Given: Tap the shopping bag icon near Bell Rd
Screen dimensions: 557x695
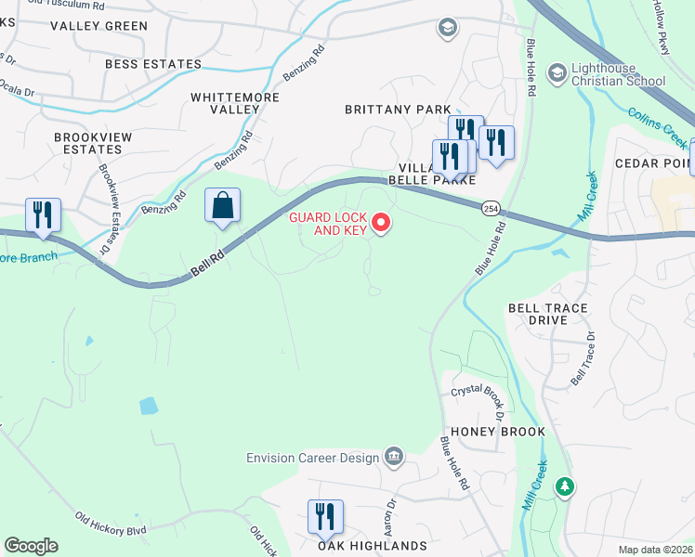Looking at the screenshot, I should [x=222, y=205].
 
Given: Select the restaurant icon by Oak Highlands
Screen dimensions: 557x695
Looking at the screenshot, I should [x=325, y=517].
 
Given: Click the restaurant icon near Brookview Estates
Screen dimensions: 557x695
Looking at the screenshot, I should [x=42, y=215].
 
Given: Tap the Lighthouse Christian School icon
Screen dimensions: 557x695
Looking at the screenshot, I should [x=557, y=72].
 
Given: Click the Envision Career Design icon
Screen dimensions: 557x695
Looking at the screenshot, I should [x=394, y=455].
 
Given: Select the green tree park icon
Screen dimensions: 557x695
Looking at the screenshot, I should [x=563, y=486].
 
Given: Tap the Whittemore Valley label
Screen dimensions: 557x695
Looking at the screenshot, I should [x=225, y=103].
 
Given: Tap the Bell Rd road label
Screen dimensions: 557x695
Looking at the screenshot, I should [x=207, y=266].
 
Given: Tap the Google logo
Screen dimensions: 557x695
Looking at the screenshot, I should [x=31, y=546].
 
